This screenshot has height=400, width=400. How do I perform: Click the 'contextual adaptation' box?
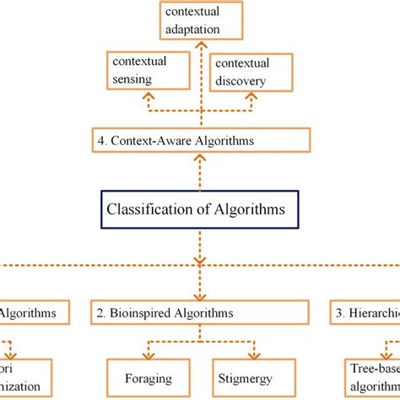coord(202,20)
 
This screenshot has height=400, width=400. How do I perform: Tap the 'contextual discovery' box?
coord(251,73)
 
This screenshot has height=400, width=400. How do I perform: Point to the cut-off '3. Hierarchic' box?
coord(365,313)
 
